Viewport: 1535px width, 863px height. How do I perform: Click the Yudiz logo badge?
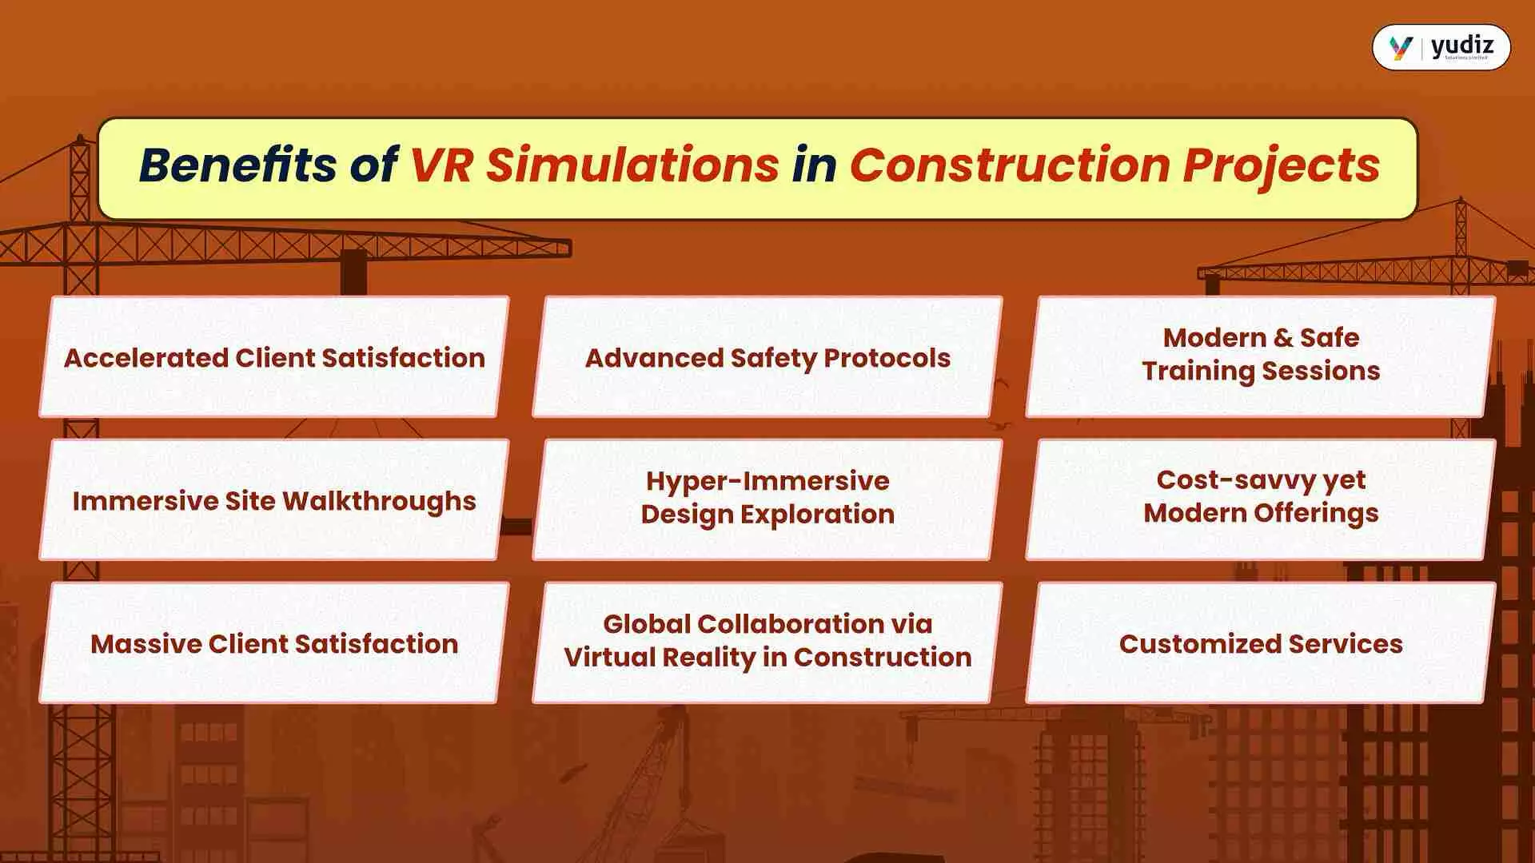[x=1441, y=47]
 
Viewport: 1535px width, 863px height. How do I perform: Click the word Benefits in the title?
[x=237, y=165]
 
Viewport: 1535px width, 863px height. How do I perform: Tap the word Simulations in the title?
[x=632, y=165]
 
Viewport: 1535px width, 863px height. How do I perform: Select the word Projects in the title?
[x=1281, y=165]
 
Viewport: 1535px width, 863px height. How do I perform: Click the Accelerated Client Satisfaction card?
[x=274, y=357]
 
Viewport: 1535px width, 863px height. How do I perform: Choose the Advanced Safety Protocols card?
[x=767, y=357]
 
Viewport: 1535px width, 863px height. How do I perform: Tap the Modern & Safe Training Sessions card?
[x=1261, y=355]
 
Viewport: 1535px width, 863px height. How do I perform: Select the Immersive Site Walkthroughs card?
[x=274, y=500]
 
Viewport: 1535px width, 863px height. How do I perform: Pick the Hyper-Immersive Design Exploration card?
[x=767, y=498]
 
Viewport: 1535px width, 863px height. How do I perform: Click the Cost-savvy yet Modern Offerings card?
[x=1261, y=496]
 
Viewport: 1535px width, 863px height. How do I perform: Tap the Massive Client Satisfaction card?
[x=274, y=643]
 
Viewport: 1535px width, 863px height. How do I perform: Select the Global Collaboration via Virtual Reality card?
[x=767, y=641]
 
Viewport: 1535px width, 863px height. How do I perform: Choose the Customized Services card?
[x=1261, y=643]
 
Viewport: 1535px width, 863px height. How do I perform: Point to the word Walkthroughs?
[x=379, y=501]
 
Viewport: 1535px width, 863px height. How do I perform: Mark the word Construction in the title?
[x=1010, y=165]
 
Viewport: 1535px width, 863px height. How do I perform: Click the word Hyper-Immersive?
[x=767, y=481]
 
